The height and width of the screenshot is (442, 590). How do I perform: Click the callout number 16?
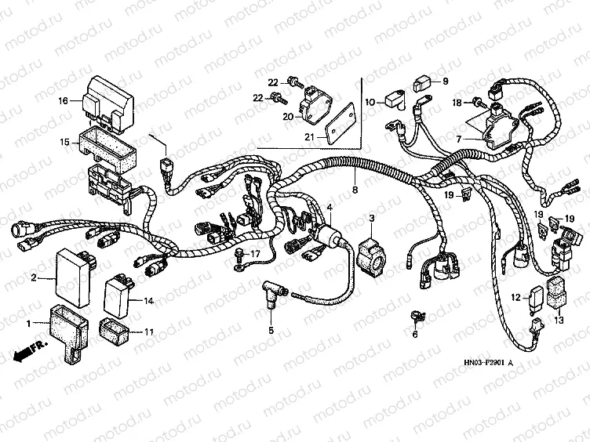pyautogui.click(x=64, y=100)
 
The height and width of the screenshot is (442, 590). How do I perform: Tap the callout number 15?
pyautogui.click(x=64, y=142)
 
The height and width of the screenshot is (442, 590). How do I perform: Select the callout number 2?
pyautogui.click(x=34, y=277)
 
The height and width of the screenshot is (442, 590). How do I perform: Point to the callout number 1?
pyautogui.click(x=30, y=323)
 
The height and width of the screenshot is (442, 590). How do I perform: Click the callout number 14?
pyautogui.click(x=148, y=300)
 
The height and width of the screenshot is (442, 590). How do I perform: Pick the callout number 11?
pyautogui.click(x=149, y=332)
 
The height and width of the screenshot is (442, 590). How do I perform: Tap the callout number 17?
pyautogui.click(x=254, y=254)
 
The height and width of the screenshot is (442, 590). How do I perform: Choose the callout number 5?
pyautogui.click(x=271, y=330)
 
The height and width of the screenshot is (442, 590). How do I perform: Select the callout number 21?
pyautogui.click(x=288, y=138)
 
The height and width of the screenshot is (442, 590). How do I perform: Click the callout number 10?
pyautogui.click(x=370, y=101)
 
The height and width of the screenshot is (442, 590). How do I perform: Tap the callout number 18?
pyautogui.click(x=457, y=103)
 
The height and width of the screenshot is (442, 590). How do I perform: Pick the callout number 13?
pyautogui.click(x=559, y=320)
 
